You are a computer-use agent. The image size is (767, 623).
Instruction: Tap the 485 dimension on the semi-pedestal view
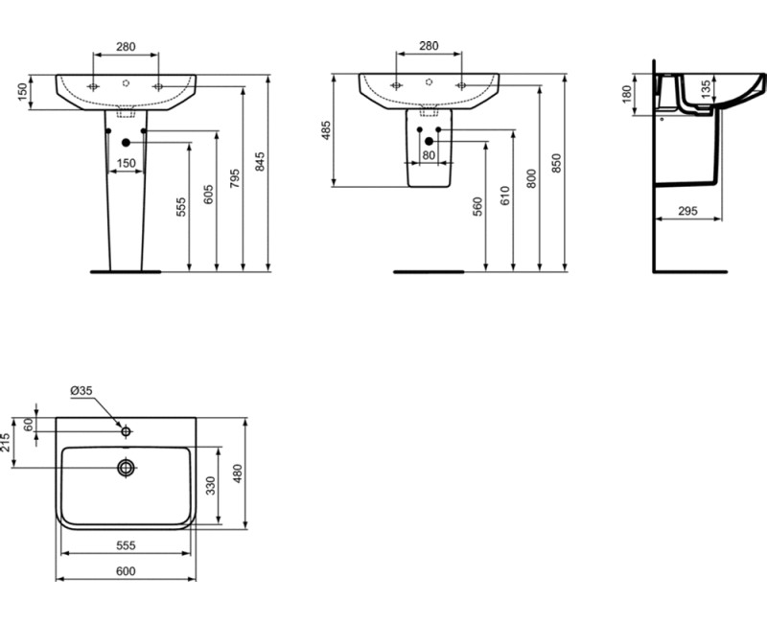pyautogui.click(x=326, y=131)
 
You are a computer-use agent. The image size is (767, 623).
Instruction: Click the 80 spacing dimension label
pyautogui.click(x=429, y=154)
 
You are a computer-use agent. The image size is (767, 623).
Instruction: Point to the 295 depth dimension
pyautogui.click(x=686, y=211)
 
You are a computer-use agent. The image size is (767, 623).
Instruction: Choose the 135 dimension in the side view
pyautogui.click(x=705, y=89)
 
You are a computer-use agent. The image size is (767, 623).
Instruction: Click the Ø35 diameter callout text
pyautogui.click(x=81, y=390)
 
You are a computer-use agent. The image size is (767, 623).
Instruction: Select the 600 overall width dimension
pyautogui.click(x=127, y=572)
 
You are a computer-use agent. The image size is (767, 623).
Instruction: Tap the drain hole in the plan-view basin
pyautogui.click(x=126, y=468)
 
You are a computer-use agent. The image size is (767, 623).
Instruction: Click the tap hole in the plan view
pyautogui.click(x=126, y=432)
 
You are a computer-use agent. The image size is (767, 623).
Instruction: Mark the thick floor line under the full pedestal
pyautogui.click(x=125, y=272)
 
